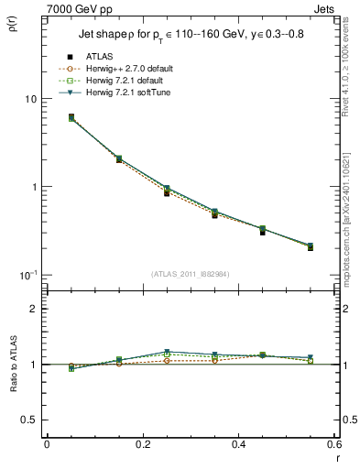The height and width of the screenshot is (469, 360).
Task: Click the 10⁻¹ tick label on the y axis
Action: (27, 275)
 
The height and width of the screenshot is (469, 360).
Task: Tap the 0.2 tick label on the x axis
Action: (142, 443)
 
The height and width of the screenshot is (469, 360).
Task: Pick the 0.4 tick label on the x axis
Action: (238, 443)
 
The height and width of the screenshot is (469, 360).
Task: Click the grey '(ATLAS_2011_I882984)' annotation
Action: (191, 274)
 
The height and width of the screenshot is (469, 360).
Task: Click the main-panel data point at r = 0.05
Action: (71, 117)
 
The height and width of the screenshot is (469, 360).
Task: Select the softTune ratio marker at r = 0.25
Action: (167, 352)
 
